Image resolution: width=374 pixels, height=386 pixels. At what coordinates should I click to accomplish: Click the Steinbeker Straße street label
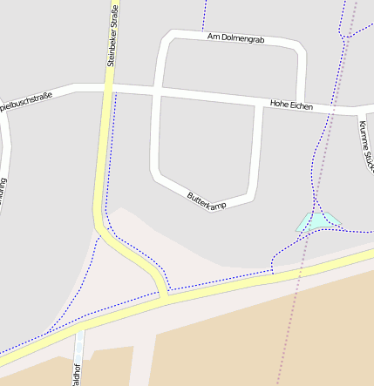click(112, 35)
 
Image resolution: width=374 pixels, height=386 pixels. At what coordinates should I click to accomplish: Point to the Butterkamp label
click(207, 200)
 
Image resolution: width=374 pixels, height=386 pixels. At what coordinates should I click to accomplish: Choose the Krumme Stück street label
click(364, 144)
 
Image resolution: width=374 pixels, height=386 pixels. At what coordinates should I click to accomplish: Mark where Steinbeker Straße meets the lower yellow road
click(164, 295)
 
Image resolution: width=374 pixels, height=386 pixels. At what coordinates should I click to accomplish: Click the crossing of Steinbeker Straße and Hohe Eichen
click(109, 88)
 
